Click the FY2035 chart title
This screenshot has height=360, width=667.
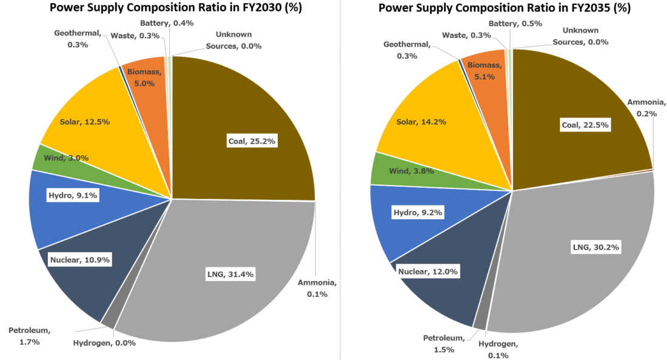click(x=504, y=8)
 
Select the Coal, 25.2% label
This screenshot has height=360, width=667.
click(x=252, y=141)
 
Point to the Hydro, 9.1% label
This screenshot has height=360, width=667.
click(x=73, y=195)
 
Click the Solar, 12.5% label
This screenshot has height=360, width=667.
click(x=84, y=122)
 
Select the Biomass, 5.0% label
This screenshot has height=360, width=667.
click(x=144, y=77)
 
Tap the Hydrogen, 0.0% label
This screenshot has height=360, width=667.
click(x=104, y=342)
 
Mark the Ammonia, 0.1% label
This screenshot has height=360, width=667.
click(x=317, y=288)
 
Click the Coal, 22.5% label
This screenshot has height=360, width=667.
click(x=585, y=125)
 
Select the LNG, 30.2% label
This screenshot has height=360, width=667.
click(x=598, y=247)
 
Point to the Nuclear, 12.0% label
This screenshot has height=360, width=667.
click(x=427, y=271)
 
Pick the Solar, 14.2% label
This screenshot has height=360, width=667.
click(x=421, y=122)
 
